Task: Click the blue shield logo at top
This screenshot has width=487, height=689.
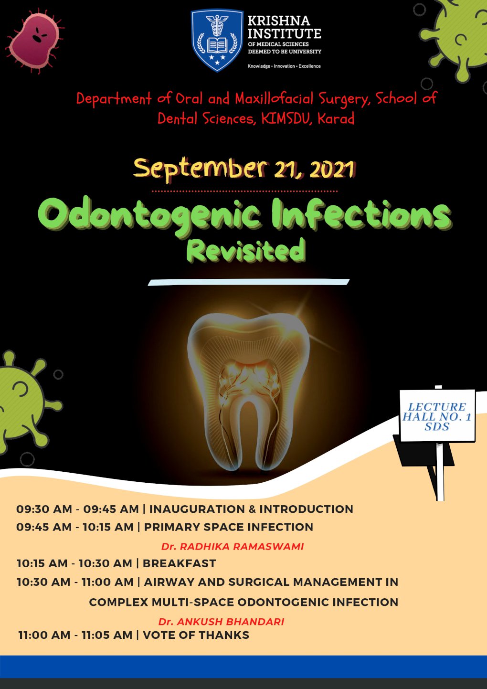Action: [x=217, y=40]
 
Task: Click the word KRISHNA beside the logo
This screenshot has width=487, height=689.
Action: [x=279, y=21]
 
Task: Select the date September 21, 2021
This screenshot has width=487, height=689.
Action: [x=244, y=168]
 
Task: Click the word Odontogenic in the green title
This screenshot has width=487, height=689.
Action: [x=149, y=214]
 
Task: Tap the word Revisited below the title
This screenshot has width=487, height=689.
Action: [x=245, y=250]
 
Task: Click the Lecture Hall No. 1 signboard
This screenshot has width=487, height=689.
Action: [x=437, y=416]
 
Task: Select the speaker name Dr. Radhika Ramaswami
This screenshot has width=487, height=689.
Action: [x=233, y=546]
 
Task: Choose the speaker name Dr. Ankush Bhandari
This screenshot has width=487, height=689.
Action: [x=221, y=622]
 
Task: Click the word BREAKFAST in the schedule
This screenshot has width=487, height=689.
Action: [x=179, y=563]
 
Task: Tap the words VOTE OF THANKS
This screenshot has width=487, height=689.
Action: [x=196, y=635]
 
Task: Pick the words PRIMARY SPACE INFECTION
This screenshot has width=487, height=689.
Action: [x=228, y=527]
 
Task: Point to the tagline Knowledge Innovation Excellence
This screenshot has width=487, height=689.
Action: [x=284, y=66]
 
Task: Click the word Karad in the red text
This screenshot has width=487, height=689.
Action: [x=336, y=118]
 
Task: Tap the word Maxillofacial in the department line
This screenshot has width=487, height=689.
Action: [x=275, y=99]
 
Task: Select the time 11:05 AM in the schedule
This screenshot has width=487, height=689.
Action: [x=106, y=635]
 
